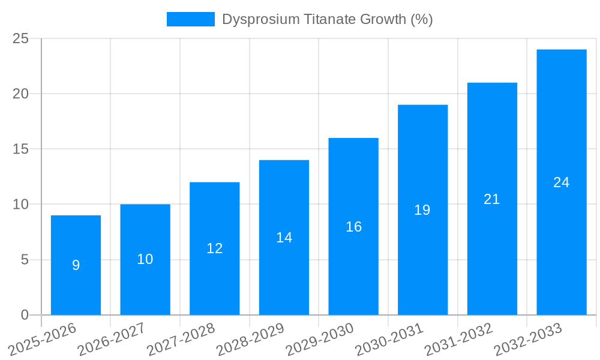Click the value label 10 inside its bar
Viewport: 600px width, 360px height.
pyautogui.click(x=145, y=259)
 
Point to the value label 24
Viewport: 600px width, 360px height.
pyautogui.click(x=561, y=182)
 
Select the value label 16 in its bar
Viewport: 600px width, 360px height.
pyautogui.click(x=353, y=227)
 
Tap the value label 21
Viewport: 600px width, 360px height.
pyautogui.click(x=491, y=199)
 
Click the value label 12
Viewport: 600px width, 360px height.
pyautogui.click(x=214, y=248)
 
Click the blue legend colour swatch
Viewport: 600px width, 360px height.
pyautogui.click(x=190, y=19)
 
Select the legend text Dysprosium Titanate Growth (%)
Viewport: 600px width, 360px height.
pyautogui.click(x=327, y=19)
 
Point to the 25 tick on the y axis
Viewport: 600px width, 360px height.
pyautogui.click(x=21, y=38)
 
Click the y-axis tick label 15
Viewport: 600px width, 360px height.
pyautogui.click(x=21, y=149)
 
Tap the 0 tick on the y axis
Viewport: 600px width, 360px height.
pyautogui.click(x=25, y=315)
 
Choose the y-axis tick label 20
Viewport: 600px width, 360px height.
pyautogui.click(x=21, y=94)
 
